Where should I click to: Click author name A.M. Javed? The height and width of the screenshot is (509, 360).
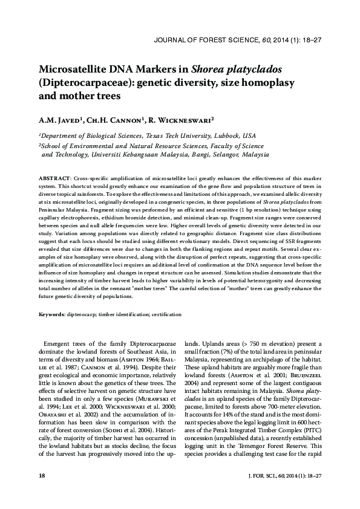tap(64, 120)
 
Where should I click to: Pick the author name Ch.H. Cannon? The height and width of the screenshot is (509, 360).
tap(120, 120)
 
